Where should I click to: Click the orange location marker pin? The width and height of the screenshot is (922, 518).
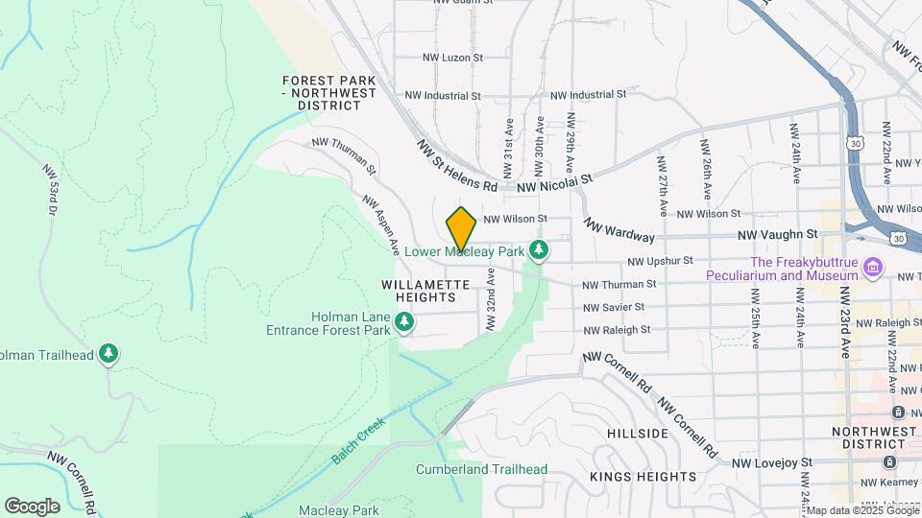click(x=461, y=229)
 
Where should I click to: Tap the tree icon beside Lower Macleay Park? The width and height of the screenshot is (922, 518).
click(x=540, y=251)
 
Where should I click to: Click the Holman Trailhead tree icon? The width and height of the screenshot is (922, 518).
click(x=109, y=355)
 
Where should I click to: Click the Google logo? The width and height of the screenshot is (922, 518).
click(x=32, y=506)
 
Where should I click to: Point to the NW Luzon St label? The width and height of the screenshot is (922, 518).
click(x=452, y=58)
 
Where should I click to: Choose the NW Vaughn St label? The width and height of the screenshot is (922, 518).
click(x=777, y=234)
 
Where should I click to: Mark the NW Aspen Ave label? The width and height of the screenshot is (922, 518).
click(x=380, y=224)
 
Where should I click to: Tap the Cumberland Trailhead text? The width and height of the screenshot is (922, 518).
click(x=481, y=470)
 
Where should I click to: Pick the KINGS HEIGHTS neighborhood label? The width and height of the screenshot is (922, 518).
click(x=643, y=477)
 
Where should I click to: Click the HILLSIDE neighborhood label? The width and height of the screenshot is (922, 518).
click(x=638, y=434)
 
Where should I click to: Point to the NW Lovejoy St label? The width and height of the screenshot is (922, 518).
click(x=772, y=463)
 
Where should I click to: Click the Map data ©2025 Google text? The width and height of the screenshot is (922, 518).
click(x=861, y=509)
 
